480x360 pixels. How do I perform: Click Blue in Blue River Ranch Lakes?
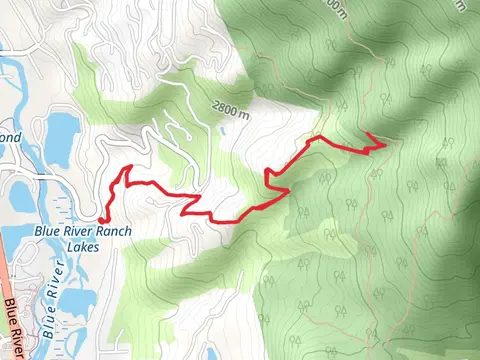click(48, 230)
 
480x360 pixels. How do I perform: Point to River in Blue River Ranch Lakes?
click(79, 230)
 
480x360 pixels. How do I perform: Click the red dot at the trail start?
click(104, 219)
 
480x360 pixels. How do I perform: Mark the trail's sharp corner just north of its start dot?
click(128, 168)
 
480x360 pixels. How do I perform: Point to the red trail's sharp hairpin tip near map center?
click(266, 181)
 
